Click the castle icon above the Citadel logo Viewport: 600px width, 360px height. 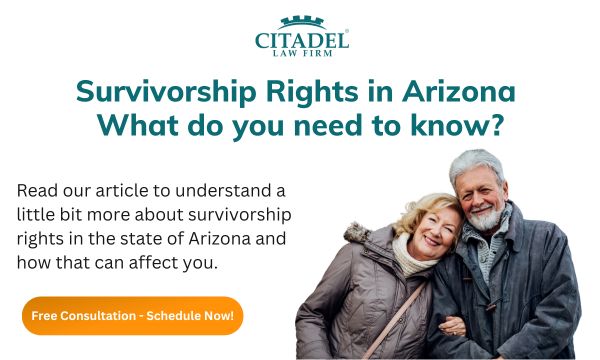click(x=300, y=23)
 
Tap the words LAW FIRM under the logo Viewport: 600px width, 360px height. click(x=300, y=56)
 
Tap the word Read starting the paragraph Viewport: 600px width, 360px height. click(x=36, y=190)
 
